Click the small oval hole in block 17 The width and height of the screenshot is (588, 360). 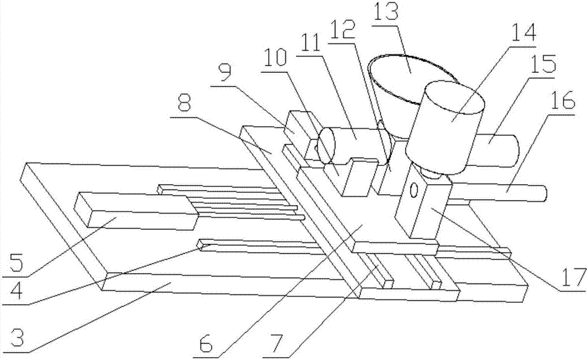point(413,191)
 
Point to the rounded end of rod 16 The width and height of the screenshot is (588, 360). point(543,194)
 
